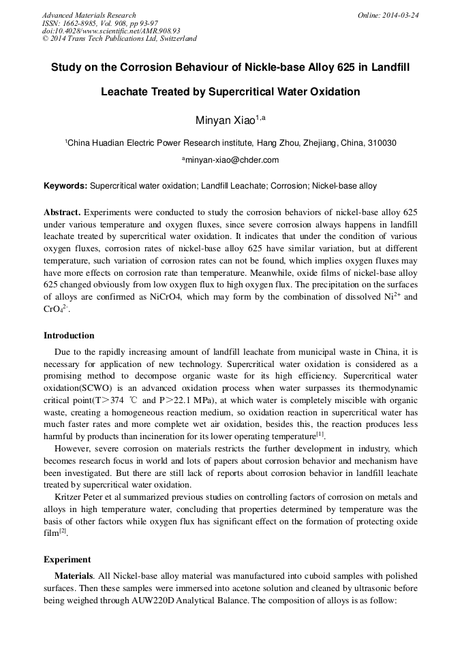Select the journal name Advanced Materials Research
[89, 15]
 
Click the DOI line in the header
[111, 31]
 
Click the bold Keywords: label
[65, 186]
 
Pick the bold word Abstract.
[62, 212]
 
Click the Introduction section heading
[69, 335]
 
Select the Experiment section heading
[67, 559]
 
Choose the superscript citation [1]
[320, 433]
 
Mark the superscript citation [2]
[63, 531]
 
